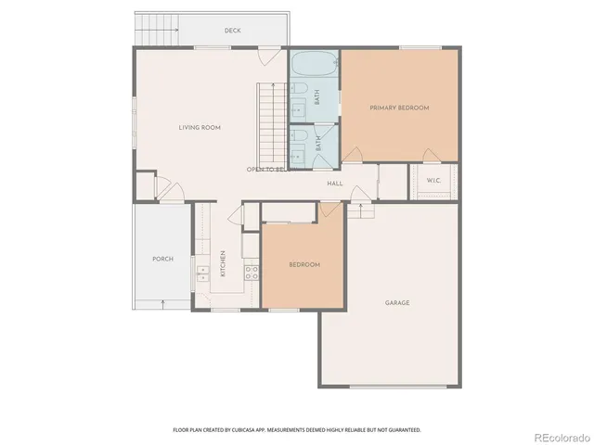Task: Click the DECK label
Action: pos(233,31)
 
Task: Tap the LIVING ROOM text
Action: pos(200,127)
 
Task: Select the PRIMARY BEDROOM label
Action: pos(400,108)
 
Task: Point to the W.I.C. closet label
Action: pos(433,180)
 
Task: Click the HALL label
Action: pos(335,184)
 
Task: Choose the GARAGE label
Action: pos(397,303)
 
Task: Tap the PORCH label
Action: pos(162,259)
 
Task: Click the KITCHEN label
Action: pos(223,264)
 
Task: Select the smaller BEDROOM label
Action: pos(304,265)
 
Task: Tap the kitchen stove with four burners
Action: pos(250,272)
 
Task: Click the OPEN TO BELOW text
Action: pos(265,170)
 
